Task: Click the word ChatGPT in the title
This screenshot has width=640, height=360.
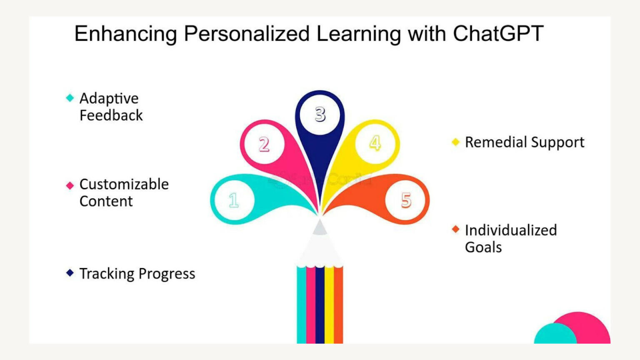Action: [498, 33]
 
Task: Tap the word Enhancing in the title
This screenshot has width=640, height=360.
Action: [125, 34]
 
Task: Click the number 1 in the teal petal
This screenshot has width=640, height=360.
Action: [234, 200]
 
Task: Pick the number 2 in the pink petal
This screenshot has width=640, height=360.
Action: [264, 145]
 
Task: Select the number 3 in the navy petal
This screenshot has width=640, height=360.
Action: [320, 114]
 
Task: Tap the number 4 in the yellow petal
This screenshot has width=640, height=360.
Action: [375, 143]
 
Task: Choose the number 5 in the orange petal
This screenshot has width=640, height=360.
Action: [406, 200]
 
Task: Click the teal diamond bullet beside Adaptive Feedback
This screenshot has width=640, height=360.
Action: [70, 98]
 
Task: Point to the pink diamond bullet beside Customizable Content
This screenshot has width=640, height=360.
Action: [70, 185]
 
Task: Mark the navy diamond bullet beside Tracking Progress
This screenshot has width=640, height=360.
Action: [70, 273]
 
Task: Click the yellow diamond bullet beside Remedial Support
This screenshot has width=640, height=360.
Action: [455, 142]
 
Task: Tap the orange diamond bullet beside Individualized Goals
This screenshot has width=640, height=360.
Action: [455, 229]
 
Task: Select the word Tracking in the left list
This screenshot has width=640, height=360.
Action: [107, 274]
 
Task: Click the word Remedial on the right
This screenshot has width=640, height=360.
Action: [490, 142]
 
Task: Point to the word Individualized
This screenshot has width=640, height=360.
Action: [511, 230]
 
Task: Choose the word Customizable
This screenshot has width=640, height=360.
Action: [124, 184]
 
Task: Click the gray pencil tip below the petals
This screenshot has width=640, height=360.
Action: [320, 228]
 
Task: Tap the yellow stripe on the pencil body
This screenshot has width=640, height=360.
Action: [329, 304]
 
